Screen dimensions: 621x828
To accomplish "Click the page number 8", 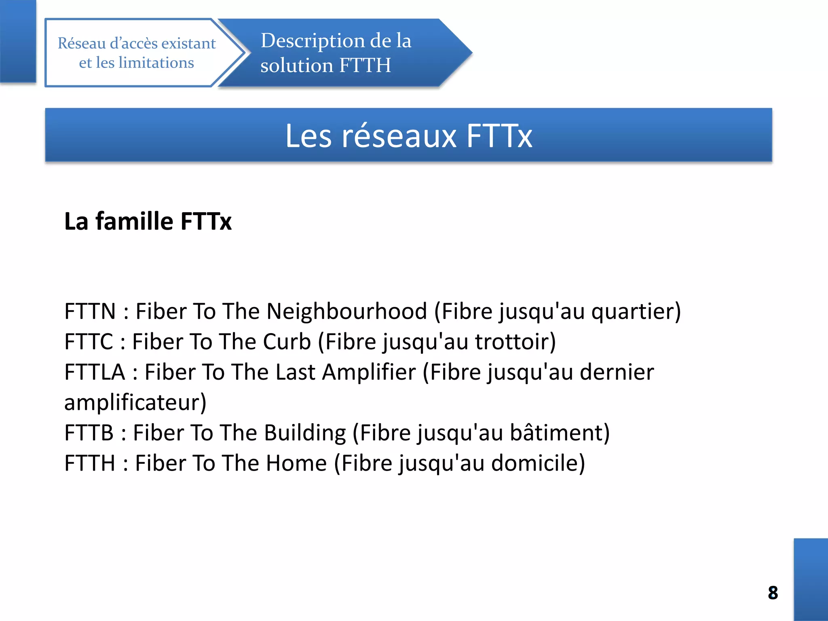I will point(773,593).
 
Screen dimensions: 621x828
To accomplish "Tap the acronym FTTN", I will point(90,311).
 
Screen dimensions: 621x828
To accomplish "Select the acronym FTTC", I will point(89,342).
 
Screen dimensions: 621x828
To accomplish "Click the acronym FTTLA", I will point(95,372).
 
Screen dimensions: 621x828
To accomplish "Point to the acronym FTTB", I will point(89,433).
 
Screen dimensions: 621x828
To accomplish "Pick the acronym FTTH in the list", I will point(90,463).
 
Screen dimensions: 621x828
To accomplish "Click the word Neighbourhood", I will point(346,311).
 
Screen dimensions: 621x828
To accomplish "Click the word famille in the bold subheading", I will point(135,221).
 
